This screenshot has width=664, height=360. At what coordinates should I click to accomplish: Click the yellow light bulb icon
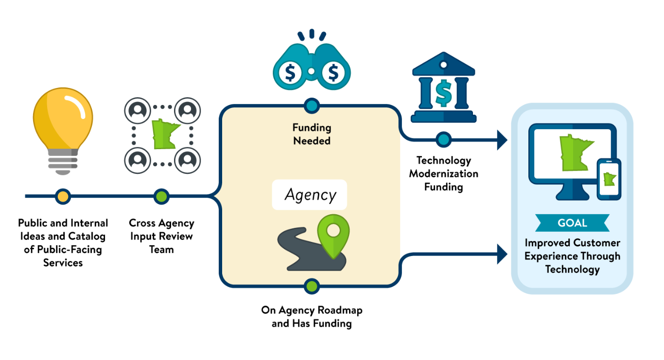click(x=63, y=130)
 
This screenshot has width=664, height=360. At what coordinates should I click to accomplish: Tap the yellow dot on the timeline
click(x=63, y=196)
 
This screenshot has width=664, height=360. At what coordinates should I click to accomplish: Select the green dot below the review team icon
click(x=161, y=196)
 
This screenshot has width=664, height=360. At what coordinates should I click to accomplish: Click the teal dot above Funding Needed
click(x=312, y=106)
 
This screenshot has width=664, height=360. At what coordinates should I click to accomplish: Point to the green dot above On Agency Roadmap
click(x=312, y=286)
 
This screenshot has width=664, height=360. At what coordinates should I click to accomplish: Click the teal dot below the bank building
click(x=443, y=139)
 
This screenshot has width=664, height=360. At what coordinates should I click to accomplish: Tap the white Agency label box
click(x=310, y=195)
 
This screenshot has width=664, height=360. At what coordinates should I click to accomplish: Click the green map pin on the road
click(x=333, y=236)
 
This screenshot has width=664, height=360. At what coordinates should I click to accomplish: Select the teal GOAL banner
click(x=572, y=223)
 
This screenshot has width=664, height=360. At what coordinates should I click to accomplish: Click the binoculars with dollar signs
click(x=312, y=60)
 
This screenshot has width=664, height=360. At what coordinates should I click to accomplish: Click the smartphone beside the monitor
click(x=609, y=179)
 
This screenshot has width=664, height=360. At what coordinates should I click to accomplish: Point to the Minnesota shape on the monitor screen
click(x=575, y=153)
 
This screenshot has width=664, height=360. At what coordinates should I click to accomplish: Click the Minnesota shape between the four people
click(x=164, y=134)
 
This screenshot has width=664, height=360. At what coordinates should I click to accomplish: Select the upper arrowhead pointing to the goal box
click(x=502, y=140)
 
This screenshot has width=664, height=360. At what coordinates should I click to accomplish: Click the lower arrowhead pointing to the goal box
click(x=502, y=254)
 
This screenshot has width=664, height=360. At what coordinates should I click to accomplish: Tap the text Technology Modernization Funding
click(x=443, y=173)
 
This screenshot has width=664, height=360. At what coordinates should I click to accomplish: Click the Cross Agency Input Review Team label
click(x=161, y=236)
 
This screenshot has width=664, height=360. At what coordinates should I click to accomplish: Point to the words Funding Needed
click(x=312, y=134)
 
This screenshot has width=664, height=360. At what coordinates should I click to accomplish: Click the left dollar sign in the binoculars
click(x=290, y=73)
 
